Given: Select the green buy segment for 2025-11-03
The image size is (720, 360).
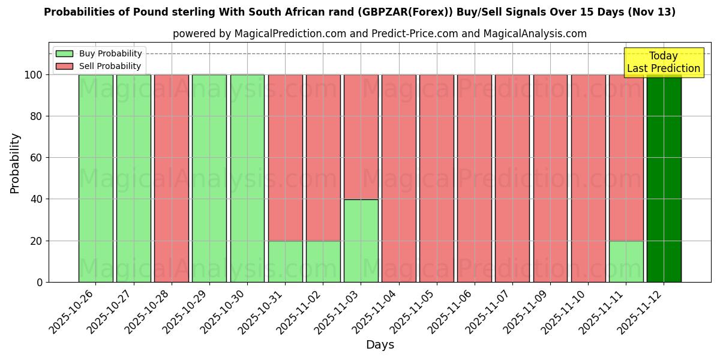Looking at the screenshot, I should (361, 241).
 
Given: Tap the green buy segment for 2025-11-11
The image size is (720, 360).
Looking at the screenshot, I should (626, 261).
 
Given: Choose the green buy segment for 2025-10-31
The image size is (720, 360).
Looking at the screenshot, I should (285, 261).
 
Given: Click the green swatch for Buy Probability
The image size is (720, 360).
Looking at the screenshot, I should (64, 53).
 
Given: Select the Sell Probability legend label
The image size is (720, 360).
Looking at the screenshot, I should (110, 66).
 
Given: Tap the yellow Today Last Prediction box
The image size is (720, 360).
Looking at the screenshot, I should (663, 62).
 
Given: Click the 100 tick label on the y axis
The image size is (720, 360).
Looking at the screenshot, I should (33, 75).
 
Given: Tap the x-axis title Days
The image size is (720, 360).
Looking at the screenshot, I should (380, 345).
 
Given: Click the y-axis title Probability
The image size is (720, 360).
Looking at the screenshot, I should (15, 163).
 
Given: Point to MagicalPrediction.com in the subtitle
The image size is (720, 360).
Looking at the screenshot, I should (290, 34).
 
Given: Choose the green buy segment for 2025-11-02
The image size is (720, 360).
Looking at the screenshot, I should (323, 261).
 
